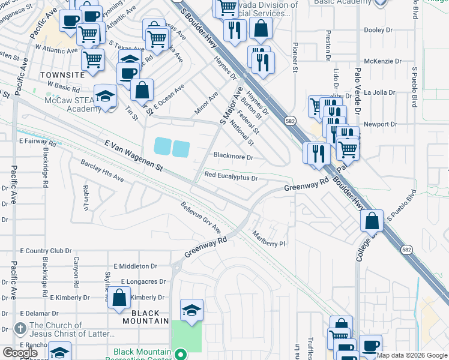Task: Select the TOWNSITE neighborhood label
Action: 62,74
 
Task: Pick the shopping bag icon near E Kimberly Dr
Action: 119,297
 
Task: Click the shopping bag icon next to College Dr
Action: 372,220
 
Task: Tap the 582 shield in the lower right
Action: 406,250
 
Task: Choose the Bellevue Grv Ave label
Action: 201,218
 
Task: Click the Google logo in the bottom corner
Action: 20,353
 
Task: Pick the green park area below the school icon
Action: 187,336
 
